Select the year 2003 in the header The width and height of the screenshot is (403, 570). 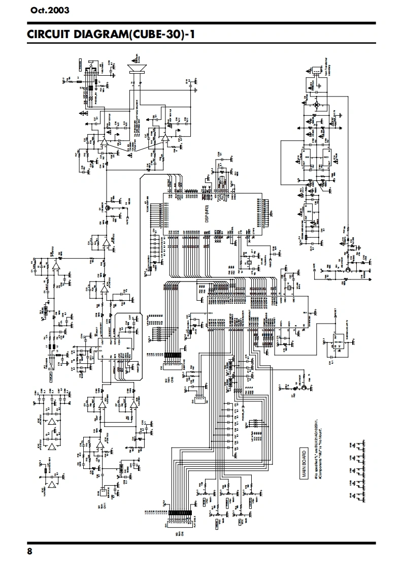tap(58, 10)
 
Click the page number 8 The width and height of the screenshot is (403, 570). tap(29, 552)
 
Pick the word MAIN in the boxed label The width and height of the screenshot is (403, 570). tap(304, 468)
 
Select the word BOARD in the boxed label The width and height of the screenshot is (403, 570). tap(304, 456)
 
